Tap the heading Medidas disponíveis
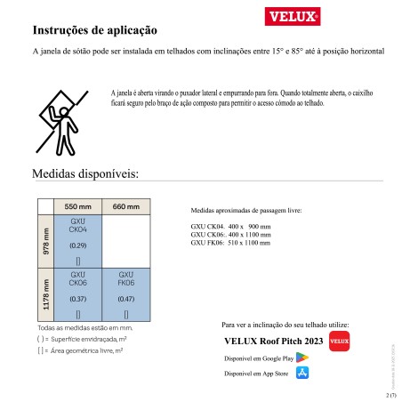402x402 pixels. pos(85,173)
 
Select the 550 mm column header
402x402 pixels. pos(78,206)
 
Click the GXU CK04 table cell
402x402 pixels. pos(78,240)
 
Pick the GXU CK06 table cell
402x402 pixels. pos(78,293)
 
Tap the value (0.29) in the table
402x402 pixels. pos(78,245)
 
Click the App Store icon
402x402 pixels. pos(302,374)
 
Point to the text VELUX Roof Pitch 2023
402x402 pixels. pos(270,342)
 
